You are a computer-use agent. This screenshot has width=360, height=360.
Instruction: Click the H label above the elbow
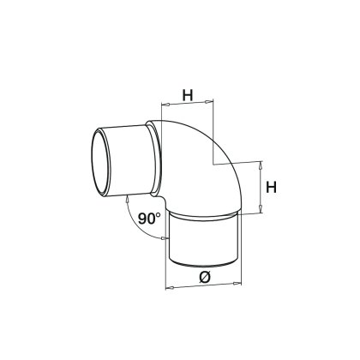187,97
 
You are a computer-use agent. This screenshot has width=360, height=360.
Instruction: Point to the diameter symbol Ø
204,276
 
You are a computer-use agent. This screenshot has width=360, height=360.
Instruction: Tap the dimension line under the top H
185,108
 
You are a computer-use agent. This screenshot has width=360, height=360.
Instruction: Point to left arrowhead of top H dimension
163,107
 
